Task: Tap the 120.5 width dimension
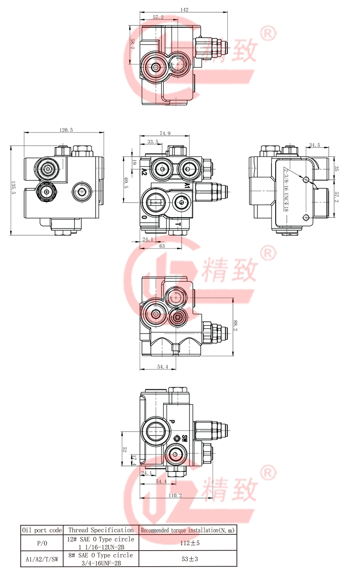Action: point(66,130)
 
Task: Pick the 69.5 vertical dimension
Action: point(125,183)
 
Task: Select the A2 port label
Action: point(144,172)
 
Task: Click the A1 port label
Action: point(187,185)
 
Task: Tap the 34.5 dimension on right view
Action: point(315,145)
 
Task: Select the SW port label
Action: point(185,438)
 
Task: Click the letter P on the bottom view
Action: point(172,421)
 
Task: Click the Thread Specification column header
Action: point(101,530)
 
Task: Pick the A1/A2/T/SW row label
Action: point(42,559)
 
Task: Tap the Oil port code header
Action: point(42,530)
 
